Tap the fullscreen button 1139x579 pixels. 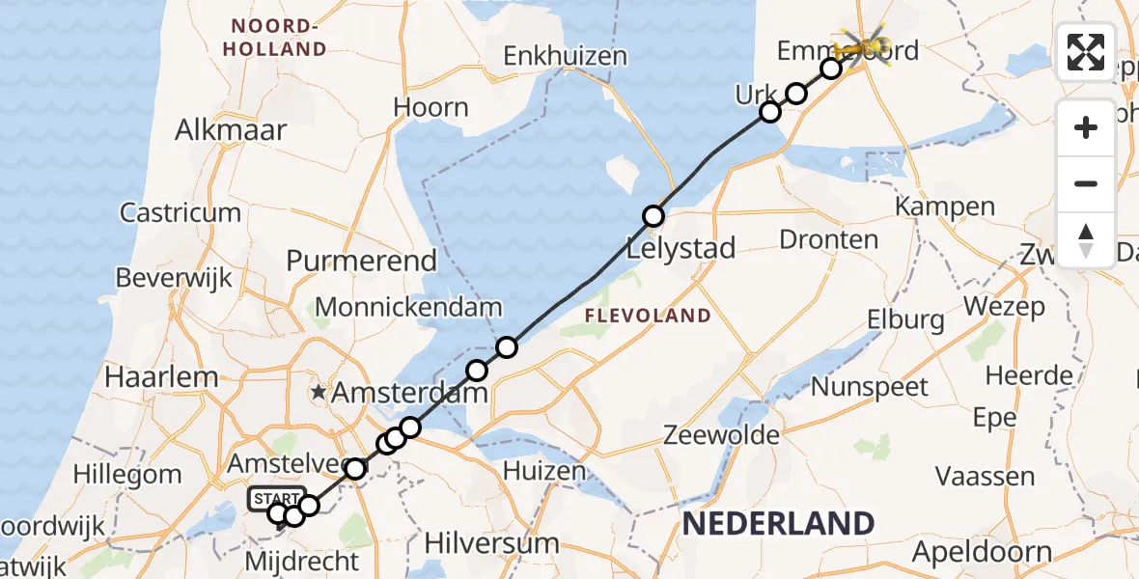click(1086, 52)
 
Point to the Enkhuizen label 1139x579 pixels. click(566, 56)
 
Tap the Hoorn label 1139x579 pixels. click(430, 108)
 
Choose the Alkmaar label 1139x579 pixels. click(231, 130)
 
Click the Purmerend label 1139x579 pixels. click(362, 261)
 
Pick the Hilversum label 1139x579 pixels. click(491, 543)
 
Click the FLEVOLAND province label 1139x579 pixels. click(648, 316)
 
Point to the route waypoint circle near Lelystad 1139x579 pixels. click(653, 216)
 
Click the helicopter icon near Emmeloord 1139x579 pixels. click(866, 44)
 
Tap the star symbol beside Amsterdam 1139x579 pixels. click(319, 393)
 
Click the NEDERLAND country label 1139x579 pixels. click(779, 524)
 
